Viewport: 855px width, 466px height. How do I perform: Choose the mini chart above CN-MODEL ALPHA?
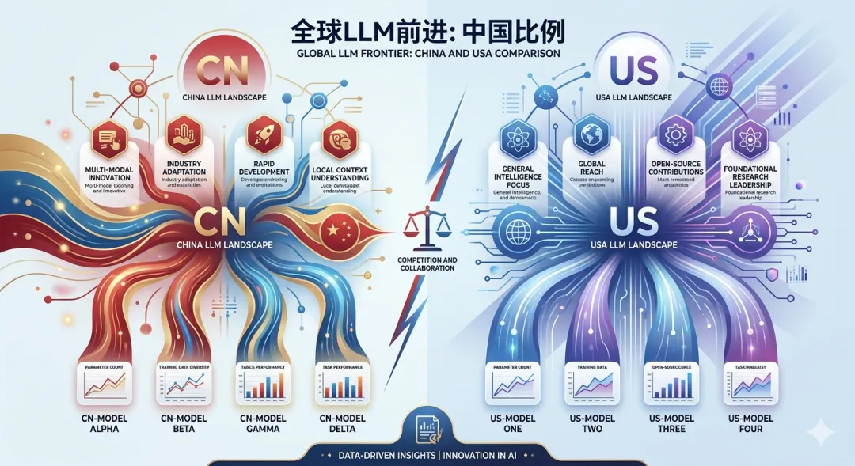[103, 385]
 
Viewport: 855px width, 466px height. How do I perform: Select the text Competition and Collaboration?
[427, 264]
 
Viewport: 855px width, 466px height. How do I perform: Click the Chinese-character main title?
[427, 32]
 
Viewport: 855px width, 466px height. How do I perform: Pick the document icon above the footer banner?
[428, 430]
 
